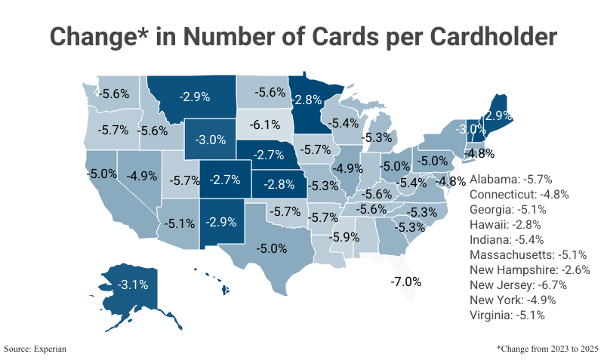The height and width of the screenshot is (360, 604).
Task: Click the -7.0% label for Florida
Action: pyautogui.click(x=406, y=282)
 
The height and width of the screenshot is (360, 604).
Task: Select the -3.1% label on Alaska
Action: pyautogui.click(x=133, y=285)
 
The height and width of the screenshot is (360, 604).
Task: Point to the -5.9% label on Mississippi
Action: pyautogui.click(x=344, y=236)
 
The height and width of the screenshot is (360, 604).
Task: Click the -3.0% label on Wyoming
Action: pyautogui.click(x=211, y=140)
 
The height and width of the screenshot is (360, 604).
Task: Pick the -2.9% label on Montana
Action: pyautogui.click(x=195, y=97)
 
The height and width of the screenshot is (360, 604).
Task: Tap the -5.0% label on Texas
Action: pyautogui.click(x=273, y=248)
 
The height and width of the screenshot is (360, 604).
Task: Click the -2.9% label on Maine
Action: pyautogui.click(x=498, y=116)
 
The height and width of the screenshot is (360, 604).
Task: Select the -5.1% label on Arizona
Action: pyautogui.click(x=180, y=223)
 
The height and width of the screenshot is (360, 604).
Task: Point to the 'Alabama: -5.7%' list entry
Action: pyautogui.click(x=511, y=180)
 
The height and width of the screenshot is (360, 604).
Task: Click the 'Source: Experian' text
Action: pyautogui.click(x=35, y=349)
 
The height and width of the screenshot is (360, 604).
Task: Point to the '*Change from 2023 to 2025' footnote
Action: pyautogui.click(x=547, y=349)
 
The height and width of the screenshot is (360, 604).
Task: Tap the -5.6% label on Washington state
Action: pyautogui.click(x=115, y=94)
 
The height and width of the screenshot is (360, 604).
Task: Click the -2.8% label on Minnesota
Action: pyautogui.click(x=308, y=100)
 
